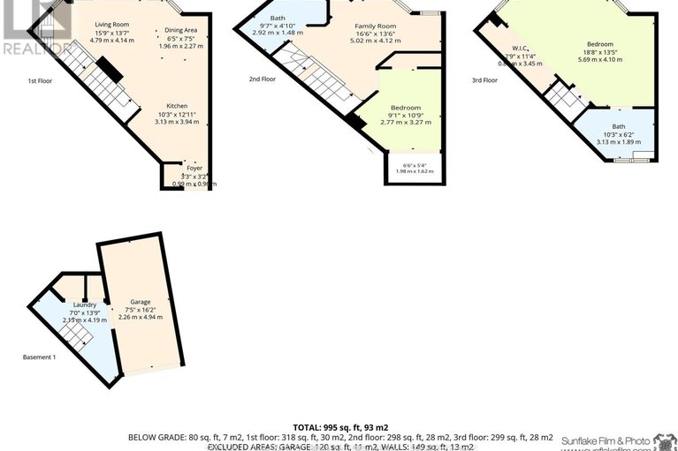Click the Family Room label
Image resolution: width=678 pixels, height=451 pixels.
[375, 26]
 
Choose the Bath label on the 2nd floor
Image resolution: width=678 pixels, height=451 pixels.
[278, 18]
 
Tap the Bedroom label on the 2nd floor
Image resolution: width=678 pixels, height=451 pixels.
[406, 108]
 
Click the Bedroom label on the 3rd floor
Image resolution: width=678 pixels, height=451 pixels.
[599, 43]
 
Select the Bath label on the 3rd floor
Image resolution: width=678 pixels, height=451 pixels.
[617, 125]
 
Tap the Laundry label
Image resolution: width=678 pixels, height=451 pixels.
[85, 304]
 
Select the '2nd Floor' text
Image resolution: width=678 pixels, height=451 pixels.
[263, 79]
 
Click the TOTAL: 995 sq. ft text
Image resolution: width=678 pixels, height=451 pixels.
[339, 426]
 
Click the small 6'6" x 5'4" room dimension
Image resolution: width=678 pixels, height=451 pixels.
[415, 165]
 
